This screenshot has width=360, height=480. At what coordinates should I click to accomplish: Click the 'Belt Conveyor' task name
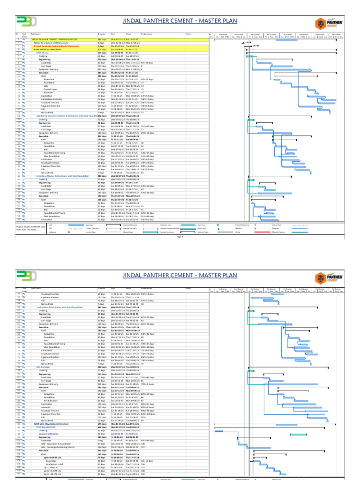[43, 367]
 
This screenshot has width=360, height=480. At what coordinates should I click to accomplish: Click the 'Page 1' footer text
[179, 238]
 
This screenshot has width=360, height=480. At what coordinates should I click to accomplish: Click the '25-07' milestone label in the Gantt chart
[256, 46]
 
